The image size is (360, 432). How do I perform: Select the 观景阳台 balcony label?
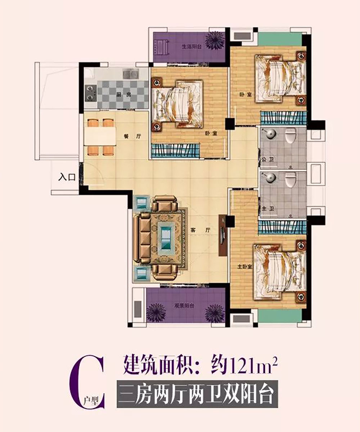pos(175,306)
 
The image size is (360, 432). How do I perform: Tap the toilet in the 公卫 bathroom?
pos(290,137)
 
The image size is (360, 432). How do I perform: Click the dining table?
pos(100,136)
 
